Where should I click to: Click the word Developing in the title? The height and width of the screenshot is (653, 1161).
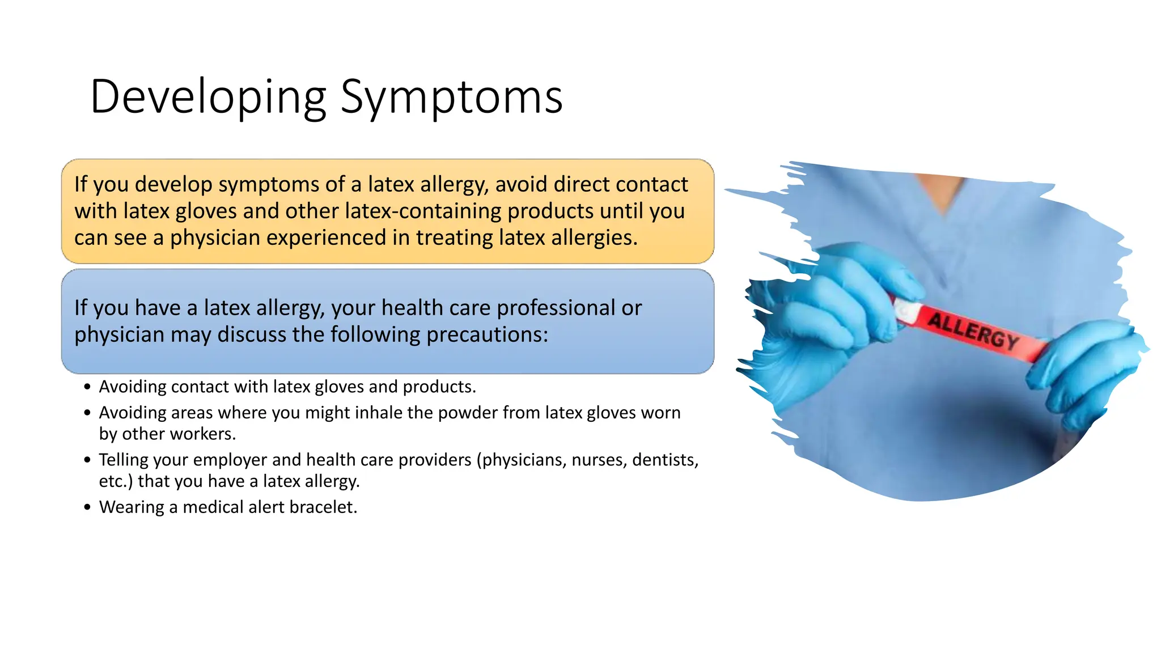point(207,97)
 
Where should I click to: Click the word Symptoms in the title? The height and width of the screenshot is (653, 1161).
point(451,97)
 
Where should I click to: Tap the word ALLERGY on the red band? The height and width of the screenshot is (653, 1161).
point(973,330)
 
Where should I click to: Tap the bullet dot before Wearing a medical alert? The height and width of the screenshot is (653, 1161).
point(87,507)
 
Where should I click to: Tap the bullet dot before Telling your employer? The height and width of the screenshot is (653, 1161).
point(87,460)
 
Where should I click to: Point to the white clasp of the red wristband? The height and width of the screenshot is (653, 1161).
point(905,311)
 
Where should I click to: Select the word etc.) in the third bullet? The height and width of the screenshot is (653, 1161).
point(116,481)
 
